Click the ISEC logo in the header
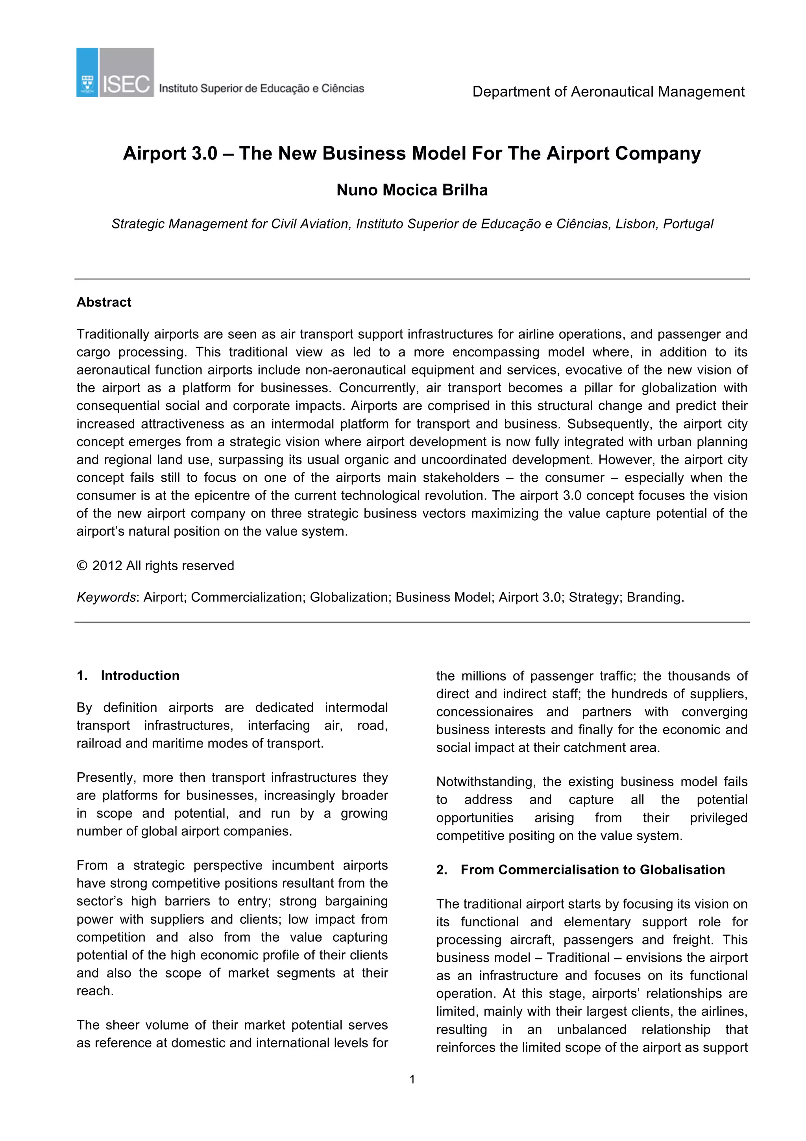click(x=115, y=72)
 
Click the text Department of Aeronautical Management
click(x=608, y=92)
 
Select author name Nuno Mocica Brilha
click(x=412, y=190)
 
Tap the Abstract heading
click(x=104, y=302)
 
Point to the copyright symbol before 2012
click(x=82, y=566)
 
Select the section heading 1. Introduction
click(x=128, y=675)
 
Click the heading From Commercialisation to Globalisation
click(x=592, y=870)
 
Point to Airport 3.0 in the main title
click(x=170, y=153)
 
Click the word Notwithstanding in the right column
click(x=485, y=782)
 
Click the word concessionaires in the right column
click(x=484, y=712)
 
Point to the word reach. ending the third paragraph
click(x=95, y=991)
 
